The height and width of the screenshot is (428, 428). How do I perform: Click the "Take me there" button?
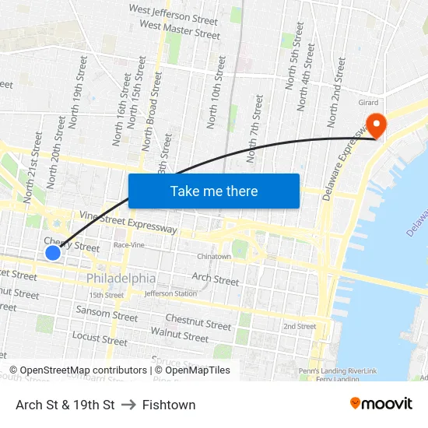214,191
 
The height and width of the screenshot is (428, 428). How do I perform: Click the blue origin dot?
53,253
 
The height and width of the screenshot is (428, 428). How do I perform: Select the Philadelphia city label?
121,278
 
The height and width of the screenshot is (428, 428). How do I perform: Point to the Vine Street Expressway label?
128,223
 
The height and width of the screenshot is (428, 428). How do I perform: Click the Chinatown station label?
214,256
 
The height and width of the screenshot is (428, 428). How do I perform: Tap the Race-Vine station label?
130,244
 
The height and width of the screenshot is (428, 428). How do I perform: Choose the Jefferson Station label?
170,293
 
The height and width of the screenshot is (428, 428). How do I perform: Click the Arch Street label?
216,279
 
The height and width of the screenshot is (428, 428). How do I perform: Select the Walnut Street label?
180,335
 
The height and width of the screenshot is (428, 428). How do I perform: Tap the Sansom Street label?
107,313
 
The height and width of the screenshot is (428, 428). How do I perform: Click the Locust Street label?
100,339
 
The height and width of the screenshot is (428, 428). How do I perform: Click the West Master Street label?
180,30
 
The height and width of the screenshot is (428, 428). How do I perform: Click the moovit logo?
381,404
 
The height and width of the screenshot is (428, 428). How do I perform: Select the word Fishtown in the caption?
169,405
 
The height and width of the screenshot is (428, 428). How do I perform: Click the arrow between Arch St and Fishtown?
128,405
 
